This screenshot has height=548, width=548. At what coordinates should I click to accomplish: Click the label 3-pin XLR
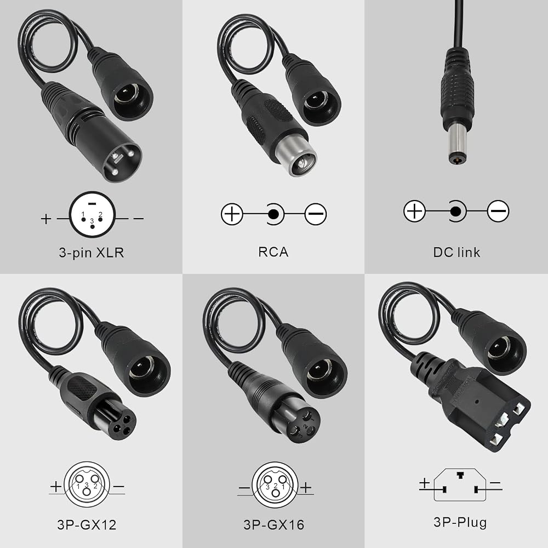tap(91, 252)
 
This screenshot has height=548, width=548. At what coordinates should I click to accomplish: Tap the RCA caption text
tap(273, 252)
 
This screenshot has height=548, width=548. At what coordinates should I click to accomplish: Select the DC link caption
tap(456, 252)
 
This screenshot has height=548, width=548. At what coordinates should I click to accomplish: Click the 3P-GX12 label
tap(87, 524)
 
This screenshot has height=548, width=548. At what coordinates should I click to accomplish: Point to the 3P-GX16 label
tap(273, 524)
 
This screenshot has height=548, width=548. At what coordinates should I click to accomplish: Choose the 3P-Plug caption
tap(460, 522)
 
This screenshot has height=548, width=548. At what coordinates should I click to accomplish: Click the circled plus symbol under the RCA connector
tap(232, 214)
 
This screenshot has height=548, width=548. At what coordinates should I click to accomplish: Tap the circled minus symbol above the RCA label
tap(316, 214)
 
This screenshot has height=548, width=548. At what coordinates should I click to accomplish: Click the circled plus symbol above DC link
tap(414, 211)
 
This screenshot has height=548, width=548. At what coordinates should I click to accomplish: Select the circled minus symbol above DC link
tap(498, 211)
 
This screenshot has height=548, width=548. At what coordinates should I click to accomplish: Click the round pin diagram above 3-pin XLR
tap(92, 215)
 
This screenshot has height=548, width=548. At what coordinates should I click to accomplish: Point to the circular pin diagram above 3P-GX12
tap(87, 484)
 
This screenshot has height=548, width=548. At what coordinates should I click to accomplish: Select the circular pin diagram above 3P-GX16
tap(275, 485)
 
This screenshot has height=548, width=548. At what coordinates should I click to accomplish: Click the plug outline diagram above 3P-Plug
tap(460, 485)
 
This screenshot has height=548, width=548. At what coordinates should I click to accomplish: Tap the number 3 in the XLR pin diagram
tap(92, 221)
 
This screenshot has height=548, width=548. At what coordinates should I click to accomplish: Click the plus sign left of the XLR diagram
tap(46, 219)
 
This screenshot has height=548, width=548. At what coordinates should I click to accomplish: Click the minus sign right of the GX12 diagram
tap(119, 486)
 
